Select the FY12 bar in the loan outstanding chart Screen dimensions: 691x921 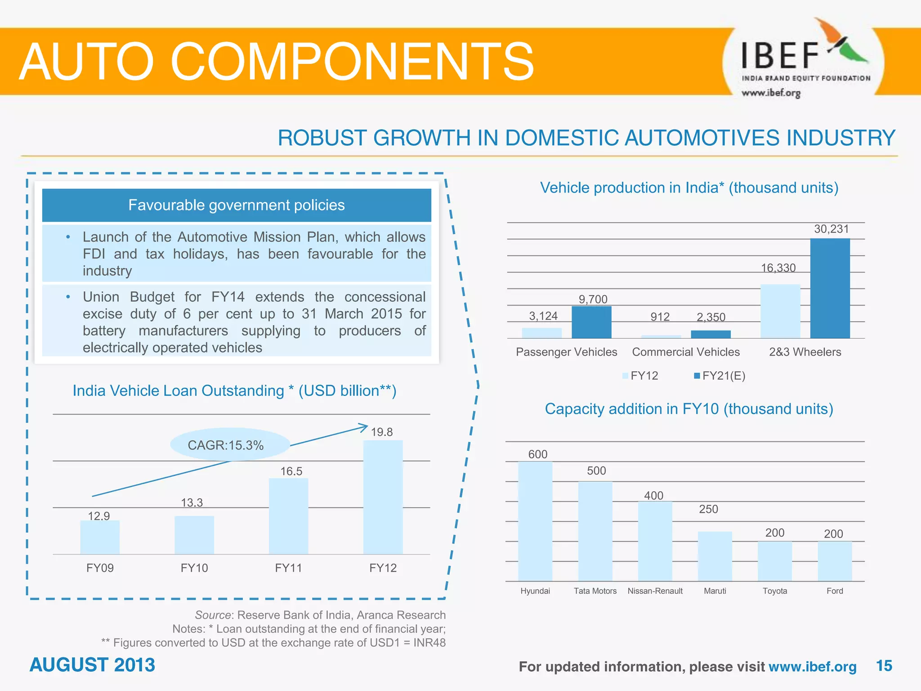point(383,497)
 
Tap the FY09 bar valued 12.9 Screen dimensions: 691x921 point(100,537)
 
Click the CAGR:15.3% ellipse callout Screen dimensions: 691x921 point(230,445)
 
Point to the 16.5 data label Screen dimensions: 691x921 point(291,471)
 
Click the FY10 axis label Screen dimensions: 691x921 point(194,568)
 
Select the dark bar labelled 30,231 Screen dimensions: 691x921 point(830,288)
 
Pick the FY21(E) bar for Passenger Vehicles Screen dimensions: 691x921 point(591,322)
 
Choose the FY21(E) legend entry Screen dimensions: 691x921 point(720,376)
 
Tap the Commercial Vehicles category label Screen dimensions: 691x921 point(686,352)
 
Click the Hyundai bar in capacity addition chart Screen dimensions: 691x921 point(535,521)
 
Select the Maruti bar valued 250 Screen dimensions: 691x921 point(715,556)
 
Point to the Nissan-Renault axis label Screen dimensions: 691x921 point(655,591)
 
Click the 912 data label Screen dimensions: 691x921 point(660,317)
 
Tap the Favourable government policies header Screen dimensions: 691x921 point(237,205)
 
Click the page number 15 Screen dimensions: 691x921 point(884,666)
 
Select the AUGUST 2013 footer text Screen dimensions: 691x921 point(92,665)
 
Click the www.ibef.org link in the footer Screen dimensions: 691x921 point(812,667)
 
